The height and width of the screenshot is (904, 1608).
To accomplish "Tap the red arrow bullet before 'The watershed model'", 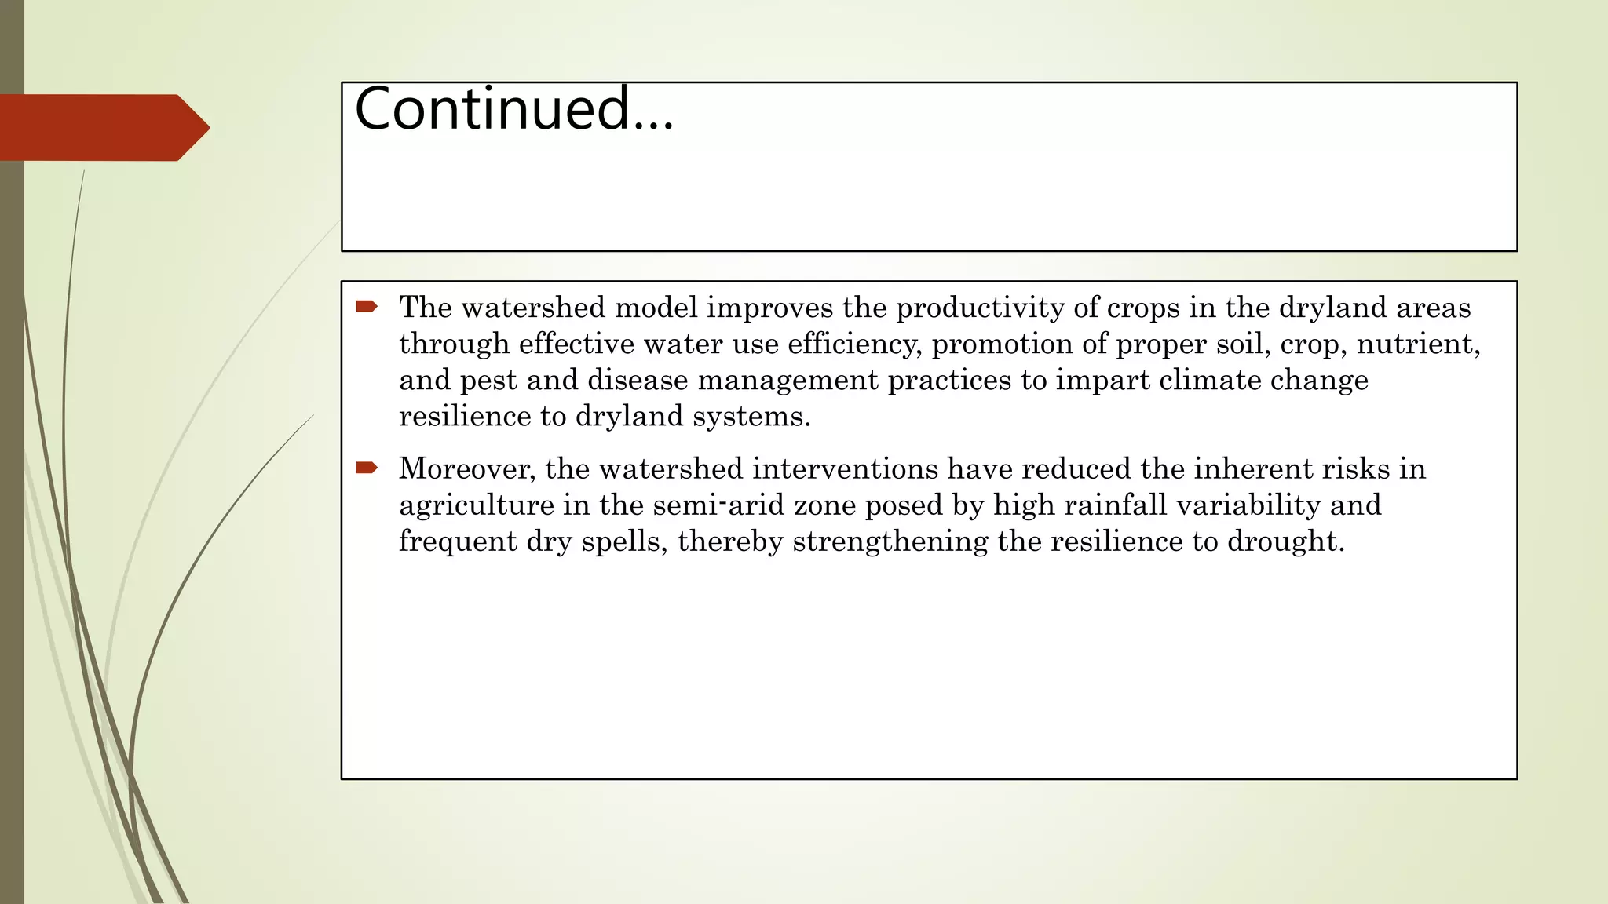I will [x=367, y=306].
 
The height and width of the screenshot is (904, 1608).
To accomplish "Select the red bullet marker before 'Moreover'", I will [x=367, y=468].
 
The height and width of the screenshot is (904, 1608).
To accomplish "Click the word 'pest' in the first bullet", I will [x=488, y=381].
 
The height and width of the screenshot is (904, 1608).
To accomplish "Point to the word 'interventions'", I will [x=845, y=468].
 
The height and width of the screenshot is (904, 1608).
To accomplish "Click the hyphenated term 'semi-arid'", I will [x=718, y=505].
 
